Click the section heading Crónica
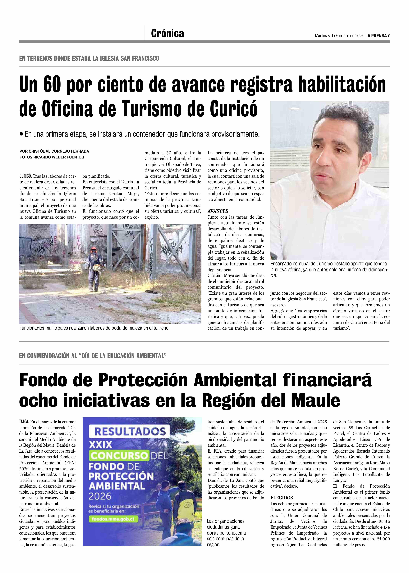pyautogui.click(x=167, y=33)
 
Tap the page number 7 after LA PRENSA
pyautogui.click(x=389, y=36)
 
